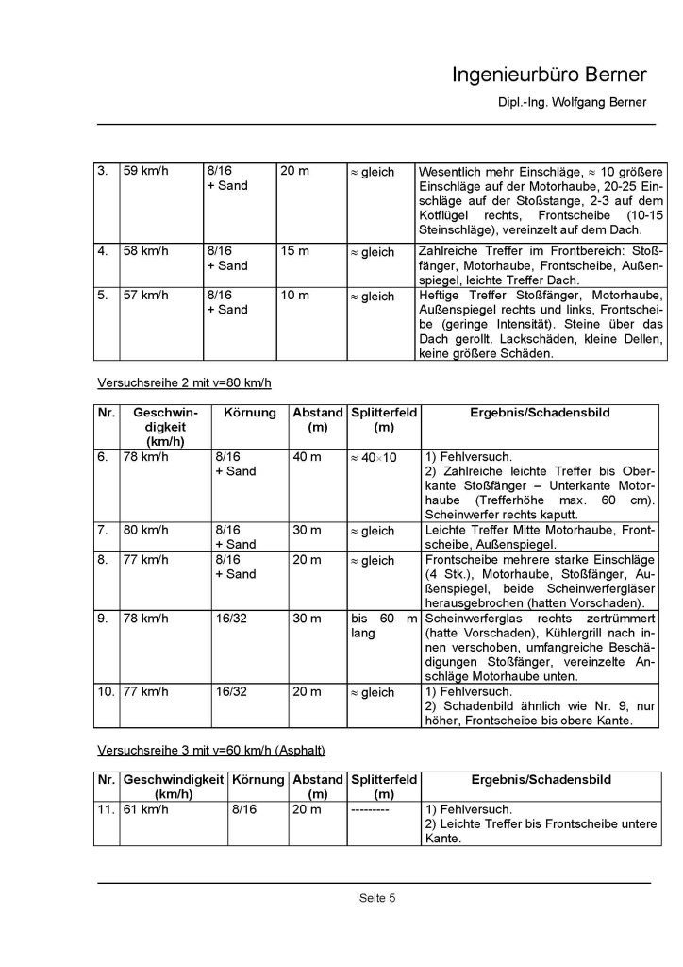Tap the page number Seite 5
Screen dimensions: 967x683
[x=376, y=897]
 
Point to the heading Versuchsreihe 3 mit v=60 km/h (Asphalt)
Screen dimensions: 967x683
[x=211, y=751]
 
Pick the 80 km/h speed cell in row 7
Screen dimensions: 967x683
[x=144, y=531]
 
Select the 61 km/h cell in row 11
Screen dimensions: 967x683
[x=144, y=809]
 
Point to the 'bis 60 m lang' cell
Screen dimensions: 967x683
[x=383, y=626]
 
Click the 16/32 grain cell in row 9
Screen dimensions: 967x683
[x=232, y=619]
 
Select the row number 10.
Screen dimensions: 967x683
[x=106, y=692]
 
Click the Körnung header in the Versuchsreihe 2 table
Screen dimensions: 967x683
[x=249, y=414]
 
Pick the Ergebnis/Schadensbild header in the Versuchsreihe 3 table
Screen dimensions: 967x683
[x=541, y=780]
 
